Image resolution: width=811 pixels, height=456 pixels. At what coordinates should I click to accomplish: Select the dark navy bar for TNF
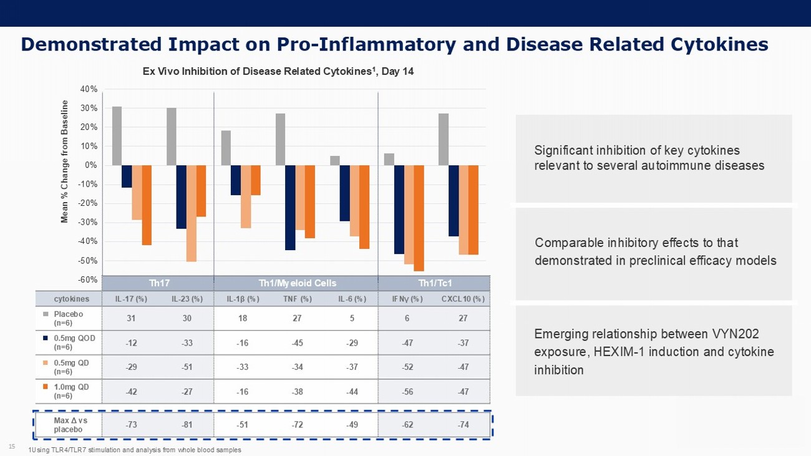289,208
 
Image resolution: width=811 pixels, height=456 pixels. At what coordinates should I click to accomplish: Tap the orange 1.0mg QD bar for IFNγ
419,218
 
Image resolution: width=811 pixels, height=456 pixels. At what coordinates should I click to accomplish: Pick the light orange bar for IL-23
191,213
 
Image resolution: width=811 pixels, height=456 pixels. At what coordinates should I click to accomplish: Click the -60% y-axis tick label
88,279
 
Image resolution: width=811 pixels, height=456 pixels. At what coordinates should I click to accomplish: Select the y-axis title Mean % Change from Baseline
64,162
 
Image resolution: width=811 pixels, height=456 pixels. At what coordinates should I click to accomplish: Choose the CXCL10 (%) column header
462,299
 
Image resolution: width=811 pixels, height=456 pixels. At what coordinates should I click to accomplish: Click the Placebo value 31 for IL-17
131,318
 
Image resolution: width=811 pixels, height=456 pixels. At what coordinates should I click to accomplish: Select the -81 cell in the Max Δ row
187,425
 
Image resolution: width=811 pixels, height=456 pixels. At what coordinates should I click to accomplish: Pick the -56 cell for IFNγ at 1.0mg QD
409,391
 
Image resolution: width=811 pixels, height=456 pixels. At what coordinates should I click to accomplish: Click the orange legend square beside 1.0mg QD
46,386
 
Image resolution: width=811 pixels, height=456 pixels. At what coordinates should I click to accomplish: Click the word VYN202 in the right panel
736,334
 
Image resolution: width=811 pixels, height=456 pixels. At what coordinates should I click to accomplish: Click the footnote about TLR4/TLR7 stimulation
135,450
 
